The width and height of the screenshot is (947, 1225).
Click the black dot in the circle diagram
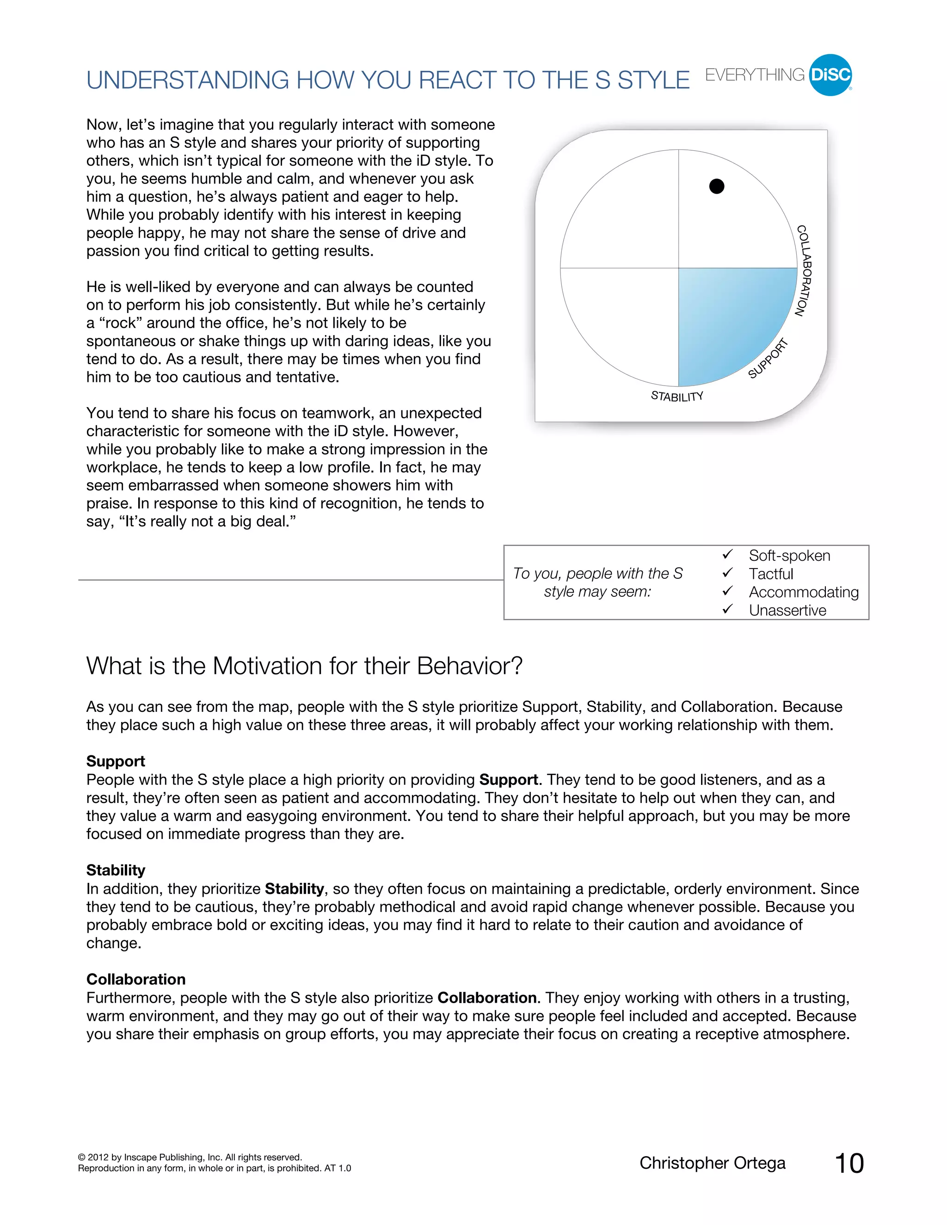pos(716,186)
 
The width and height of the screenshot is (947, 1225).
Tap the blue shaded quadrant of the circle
pos(729,320)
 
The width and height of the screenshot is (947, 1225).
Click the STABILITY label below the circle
pos(676,396)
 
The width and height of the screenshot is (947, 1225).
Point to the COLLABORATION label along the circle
pos(804,270)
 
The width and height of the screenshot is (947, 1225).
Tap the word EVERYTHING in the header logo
pos(755,75)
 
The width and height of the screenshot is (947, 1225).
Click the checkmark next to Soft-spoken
pos(728,555)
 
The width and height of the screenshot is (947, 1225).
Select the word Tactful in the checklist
pos(771,574)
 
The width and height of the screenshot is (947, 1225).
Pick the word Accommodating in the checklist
pos(803,592)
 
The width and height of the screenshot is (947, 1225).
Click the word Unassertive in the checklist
pos(787,610)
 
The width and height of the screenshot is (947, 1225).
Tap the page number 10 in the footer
pos(849,1164)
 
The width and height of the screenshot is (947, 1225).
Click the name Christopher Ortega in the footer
pos(712,1164)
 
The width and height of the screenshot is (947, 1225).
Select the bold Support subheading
pos(116,761)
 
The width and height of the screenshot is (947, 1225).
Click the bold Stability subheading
pos(116,870)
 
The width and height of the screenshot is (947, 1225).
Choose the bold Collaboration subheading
pos(136,980)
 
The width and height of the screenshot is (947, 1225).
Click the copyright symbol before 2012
pos(82,1157)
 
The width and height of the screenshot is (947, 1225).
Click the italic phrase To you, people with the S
pos(597,573)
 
